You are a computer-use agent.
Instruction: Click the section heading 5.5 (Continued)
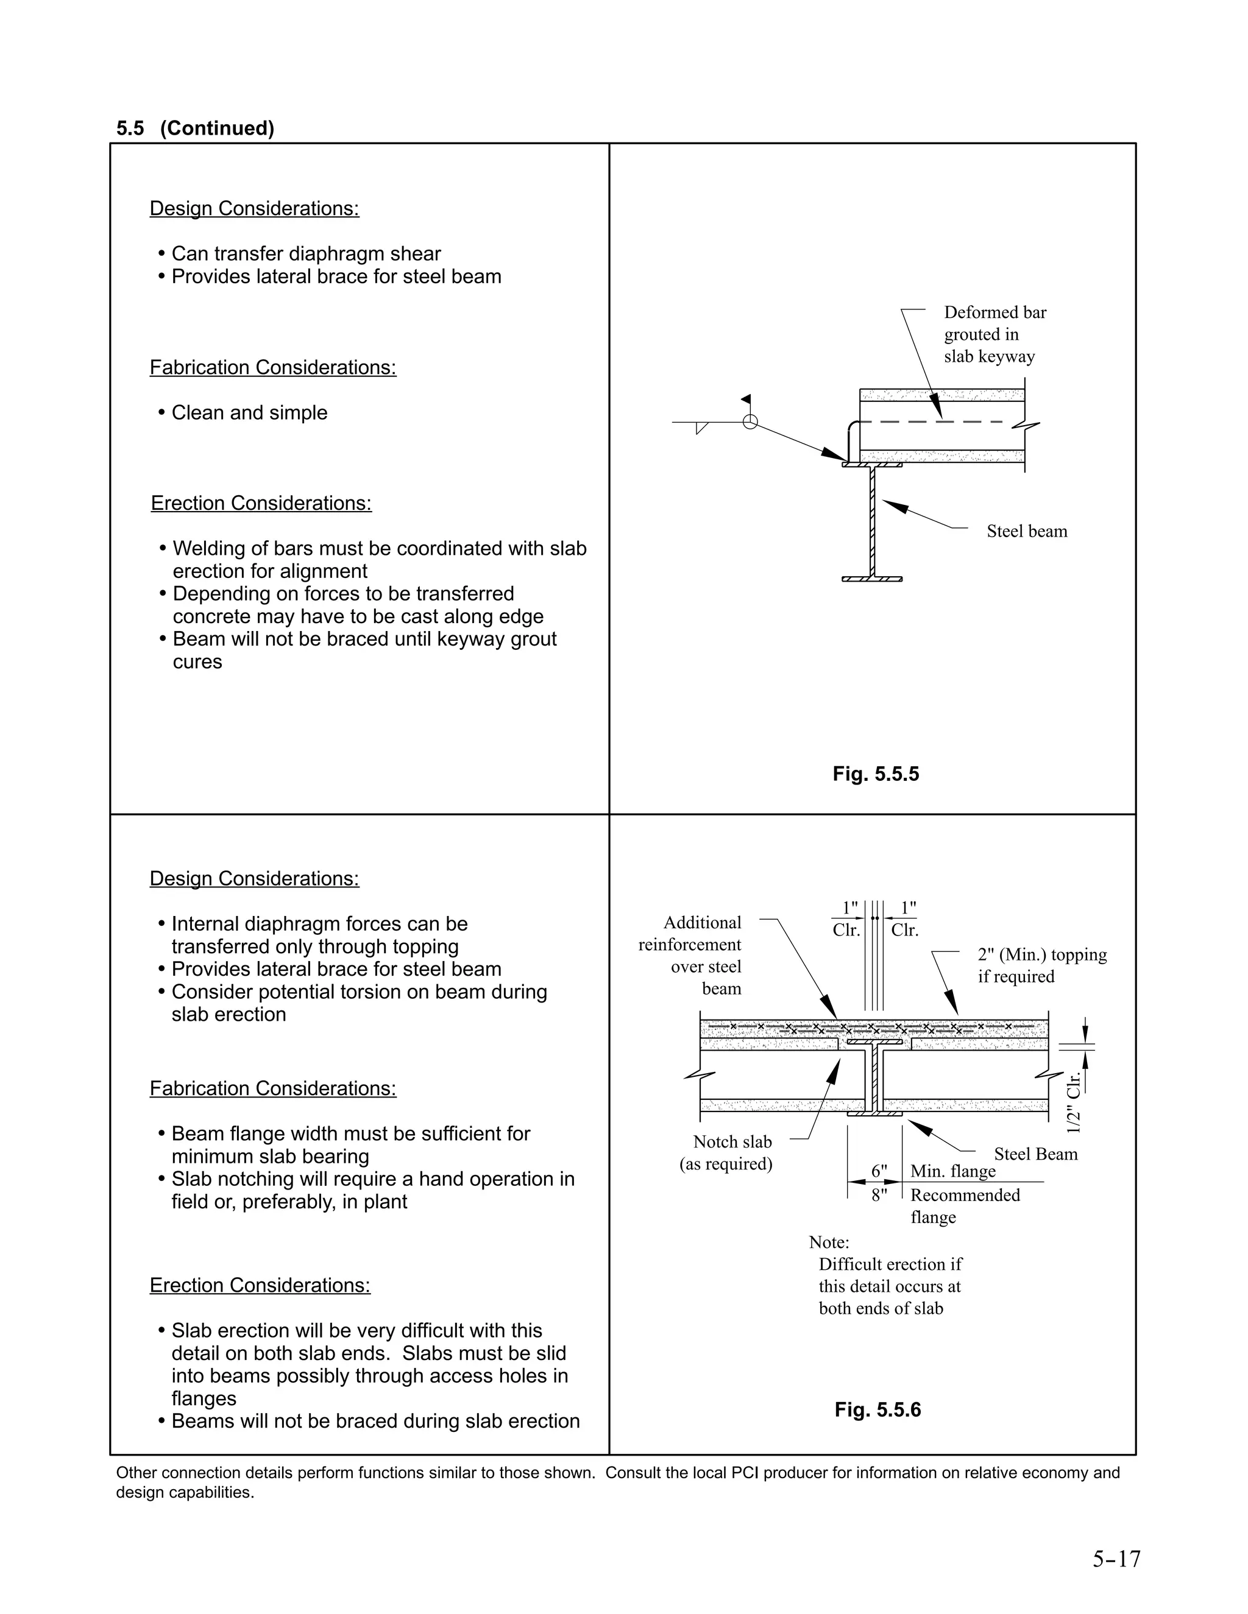195,129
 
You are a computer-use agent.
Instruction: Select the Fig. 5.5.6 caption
877,1409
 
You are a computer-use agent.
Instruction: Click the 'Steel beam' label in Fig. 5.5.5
1026,531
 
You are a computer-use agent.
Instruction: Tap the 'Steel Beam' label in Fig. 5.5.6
1035,1154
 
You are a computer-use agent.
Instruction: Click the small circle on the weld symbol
750,422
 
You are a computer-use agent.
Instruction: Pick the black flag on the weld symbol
746,399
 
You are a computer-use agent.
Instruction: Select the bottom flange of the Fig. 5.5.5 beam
871,579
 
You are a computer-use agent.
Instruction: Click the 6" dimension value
878,1171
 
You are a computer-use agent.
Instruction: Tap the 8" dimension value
878,1195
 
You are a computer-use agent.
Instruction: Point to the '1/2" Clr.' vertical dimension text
1074,1102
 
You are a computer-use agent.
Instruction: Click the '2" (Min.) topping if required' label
1041,965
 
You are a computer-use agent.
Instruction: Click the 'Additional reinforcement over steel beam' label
691,955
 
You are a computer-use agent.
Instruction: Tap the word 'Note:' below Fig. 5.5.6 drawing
829,1242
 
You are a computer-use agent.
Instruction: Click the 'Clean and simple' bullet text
249,412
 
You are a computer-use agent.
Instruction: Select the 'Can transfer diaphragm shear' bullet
305,253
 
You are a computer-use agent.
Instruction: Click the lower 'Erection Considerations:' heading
260,1285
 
